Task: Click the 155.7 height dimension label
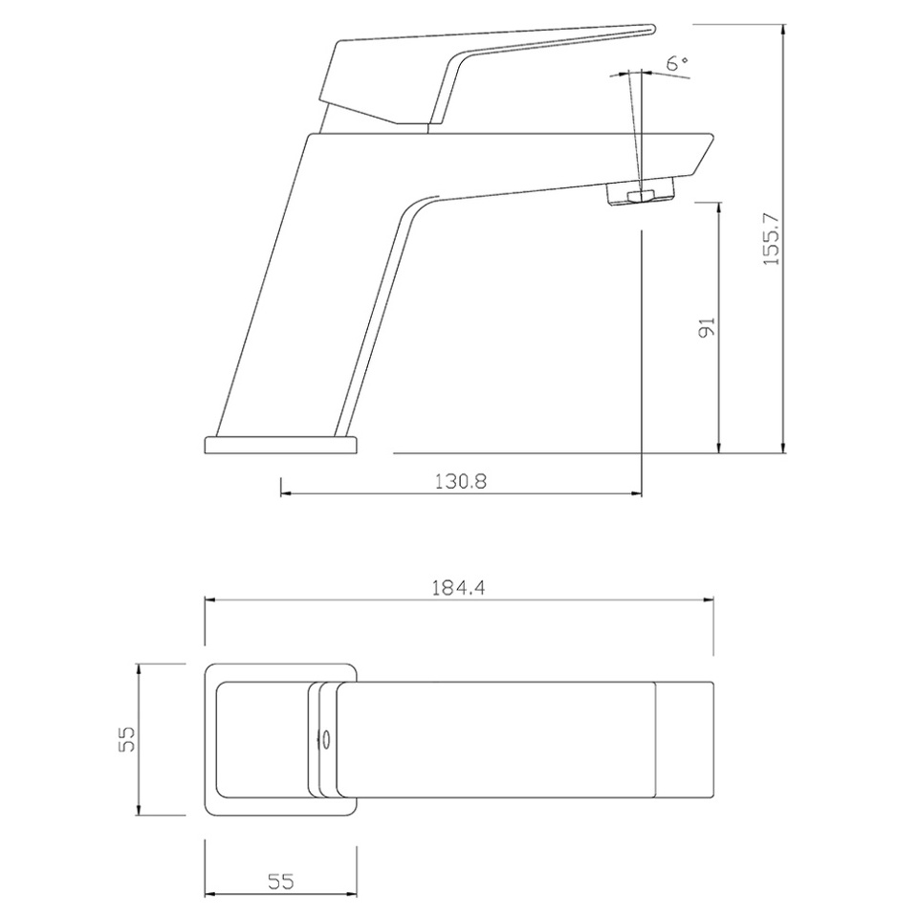[x=773, y=238]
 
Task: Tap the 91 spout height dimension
[x=708, y=327]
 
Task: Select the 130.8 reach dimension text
[x=461, y=481]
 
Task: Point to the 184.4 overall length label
[x=458, y=587]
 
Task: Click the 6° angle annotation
[x=677, y=63]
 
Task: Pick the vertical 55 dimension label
[x=126, y=739]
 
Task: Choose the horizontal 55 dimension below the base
[x=280, y=881]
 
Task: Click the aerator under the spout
[x=640, y=192]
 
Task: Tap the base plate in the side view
[x=280, y=445]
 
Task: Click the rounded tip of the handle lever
[x=651, y=30]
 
